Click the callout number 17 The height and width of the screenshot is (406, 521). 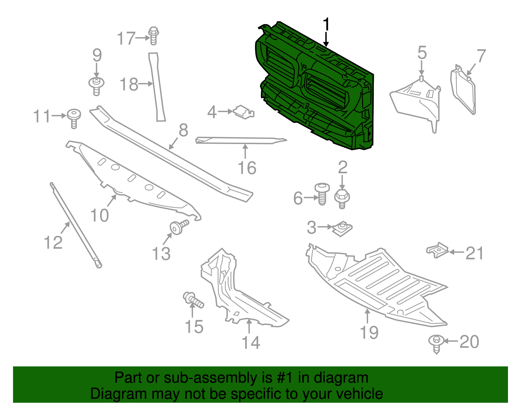pyautogui.click(x=126, y=38)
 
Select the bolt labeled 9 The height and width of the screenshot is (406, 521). pyautogui.click(x=96, y=86)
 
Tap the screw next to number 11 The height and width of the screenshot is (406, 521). pyautogui.click(x=74, y=119)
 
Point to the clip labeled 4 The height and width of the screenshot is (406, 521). pyautogui.click(x=244, y=112)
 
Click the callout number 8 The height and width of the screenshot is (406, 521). pyautogui.click(x=183, y=131)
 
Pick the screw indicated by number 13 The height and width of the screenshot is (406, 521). pyautogui.click(x=179, y=227)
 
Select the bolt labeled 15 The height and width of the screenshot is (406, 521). pyautogui.click(x=193, y=300)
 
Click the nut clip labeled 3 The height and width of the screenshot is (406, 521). pyautogui.click(x=342, y=229)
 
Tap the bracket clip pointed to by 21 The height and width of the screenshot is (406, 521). pyautogui.click(x=437, y=250)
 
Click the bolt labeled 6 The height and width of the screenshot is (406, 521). pyautogui.click(x=322, y=194)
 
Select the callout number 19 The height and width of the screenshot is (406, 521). pyautogui.click(x=369, y=333)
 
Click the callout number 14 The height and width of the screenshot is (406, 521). pyautogui.click(x=251, y=343)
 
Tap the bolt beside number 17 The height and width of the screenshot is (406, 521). pyautogui.click(x=153, y=36)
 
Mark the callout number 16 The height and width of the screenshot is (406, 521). pyautogui.click(x=247, y=168)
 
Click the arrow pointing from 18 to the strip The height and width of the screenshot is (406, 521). pyautogui.click(x=146, y=84)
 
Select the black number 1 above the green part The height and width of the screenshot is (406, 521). pyautogui.click(x=326, y=24)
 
